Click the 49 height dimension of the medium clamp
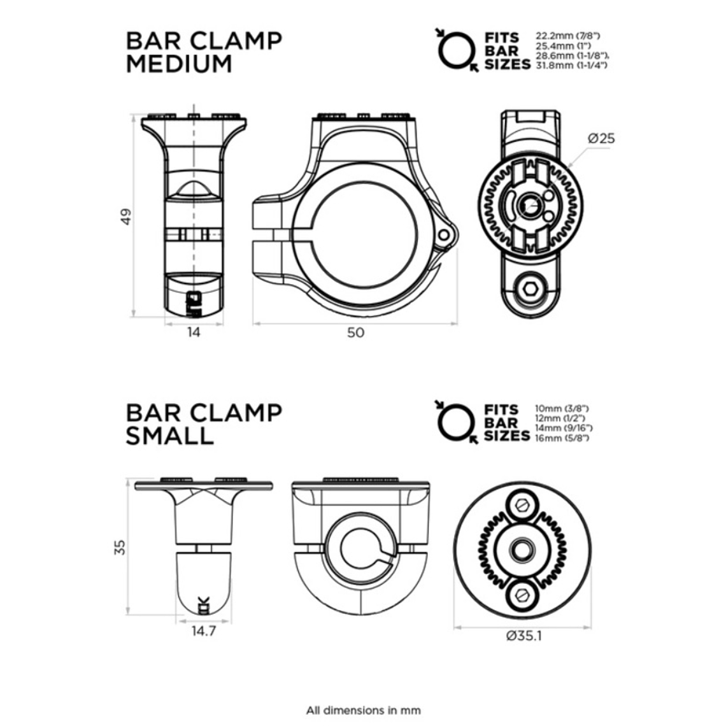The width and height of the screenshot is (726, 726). [x=125, y=217]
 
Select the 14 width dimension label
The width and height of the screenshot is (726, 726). [x=194, y=332]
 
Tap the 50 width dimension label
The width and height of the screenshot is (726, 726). [x=356, y=332]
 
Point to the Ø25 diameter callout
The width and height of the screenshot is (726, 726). [x=601, y=138]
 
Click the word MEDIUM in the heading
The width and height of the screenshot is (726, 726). [x=179, y=64]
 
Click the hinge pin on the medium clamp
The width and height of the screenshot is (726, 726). [x=444, y=234]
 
